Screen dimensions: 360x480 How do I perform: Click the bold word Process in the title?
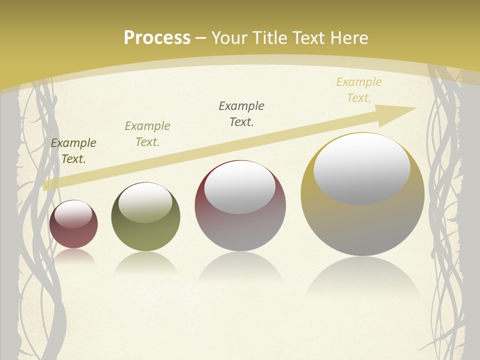click(x=157, y=37)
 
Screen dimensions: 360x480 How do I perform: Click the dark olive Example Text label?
click(x=73, y=151)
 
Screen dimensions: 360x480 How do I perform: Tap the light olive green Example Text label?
click(x=147, y=134)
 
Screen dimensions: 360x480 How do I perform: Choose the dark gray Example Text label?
click(x=241, y=114)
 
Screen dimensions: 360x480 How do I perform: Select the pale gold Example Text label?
click(x=359, y=90)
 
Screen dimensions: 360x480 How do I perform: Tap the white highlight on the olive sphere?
click(x=145, y=202)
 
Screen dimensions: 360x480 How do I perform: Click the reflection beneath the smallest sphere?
click(x=73, y=256)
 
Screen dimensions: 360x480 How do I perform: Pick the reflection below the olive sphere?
click(x=145, y=262)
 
